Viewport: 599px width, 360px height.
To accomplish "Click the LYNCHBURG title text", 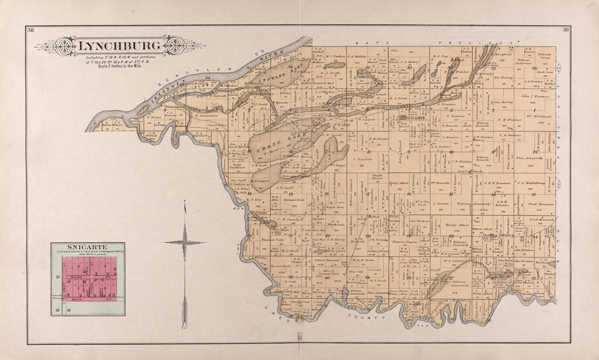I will point(120,46).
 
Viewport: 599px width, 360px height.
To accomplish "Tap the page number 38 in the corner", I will point(30,30).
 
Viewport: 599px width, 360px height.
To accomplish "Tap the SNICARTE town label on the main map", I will point(409,117).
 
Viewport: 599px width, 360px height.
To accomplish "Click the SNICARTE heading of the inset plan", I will point(87,247).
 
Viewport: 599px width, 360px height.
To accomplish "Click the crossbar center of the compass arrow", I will point(185,242).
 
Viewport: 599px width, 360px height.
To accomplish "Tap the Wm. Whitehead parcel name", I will point(539,116).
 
